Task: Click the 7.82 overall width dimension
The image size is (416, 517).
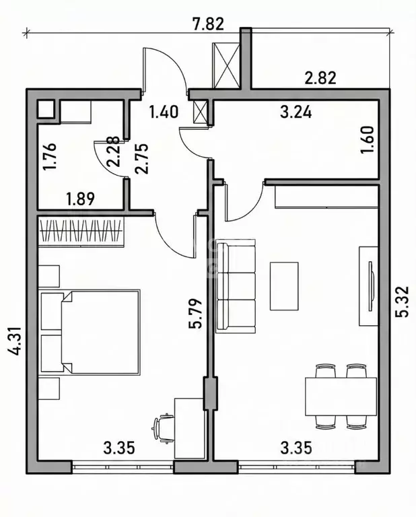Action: click(x=208, y=24)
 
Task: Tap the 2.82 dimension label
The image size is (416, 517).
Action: click(x=320, y=78)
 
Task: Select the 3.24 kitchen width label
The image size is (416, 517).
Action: click(x=296, y=113)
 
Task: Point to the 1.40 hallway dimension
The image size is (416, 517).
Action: click(x=164, y=112)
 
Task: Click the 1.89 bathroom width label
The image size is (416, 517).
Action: click(x=80, y=199)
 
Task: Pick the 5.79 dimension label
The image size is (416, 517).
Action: click(x=195, y=313)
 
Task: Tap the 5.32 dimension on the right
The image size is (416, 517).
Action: click(x=403, y=302)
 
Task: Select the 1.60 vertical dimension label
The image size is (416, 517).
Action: click(x=368, y=139)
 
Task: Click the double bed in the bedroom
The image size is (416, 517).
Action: click(x=90, y=332)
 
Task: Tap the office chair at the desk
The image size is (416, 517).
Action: click(x=163, y=427)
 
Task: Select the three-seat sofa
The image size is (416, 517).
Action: click(x=236, y=285)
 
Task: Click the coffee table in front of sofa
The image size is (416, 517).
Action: click(x=284, y=286)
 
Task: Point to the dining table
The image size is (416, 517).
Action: click(x=341, y=397)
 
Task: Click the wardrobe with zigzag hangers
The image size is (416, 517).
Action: click(x=81, y=231)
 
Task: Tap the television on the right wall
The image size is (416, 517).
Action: click(x=372, y=286)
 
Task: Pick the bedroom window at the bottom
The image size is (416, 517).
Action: click(x=123, y=467)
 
